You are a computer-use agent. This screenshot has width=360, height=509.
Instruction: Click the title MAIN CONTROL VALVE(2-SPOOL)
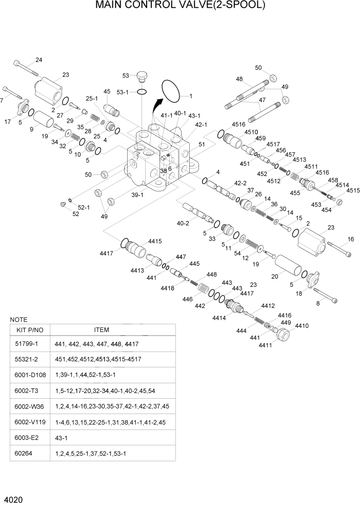[x=180, y=6]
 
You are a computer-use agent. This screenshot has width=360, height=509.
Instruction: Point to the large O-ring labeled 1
[x=172, y=91]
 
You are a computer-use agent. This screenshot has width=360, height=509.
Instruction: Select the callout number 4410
[x=302, y=326]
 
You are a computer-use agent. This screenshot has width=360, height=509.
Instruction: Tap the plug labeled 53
[x=141, y=77]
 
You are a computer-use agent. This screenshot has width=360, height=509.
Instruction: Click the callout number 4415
[x=155, y=241]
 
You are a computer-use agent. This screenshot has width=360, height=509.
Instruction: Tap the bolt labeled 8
[x=327, y=297]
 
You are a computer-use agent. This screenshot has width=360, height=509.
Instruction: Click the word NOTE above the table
[x=18, y=320]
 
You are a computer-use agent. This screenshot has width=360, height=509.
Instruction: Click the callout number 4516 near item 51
[x=238, y=125]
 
